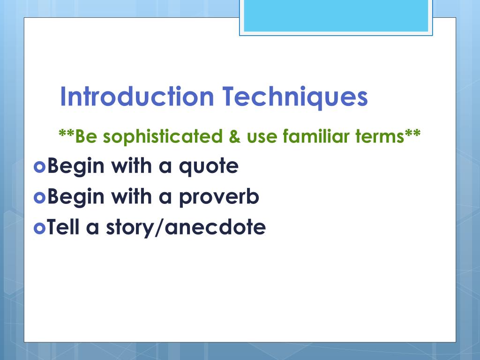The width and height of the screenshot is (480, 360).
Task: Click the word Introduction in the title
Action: point(137,97)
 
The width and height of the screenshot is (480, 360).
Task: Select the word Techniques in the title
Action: point(295,97)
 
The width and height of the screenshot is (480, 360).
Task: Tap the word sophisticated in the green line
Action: point(163,136)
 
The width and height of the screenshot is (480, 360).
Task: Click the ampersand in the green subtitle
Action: point(234,136)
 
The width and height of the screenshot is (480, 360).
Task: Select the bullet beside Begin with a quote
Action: point(39,167)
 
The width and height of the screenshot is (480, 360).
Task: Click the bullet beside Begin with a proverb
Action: point(39,197)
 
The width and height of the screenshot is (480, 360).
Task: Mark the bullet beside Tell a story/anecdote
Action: point(39,228)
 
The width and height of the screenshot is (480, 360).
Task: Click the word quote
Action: point(209,167)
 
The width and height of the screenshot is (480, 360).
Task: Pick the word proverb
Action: point(219,197)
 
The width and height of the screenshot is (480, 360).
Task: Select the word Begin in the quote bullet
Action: point(76,167)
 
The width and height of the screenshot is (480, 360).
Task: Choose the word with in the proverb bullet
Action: point(131,196)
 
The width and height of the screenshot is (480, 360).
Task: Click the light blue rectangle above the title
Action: point(336,15)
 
